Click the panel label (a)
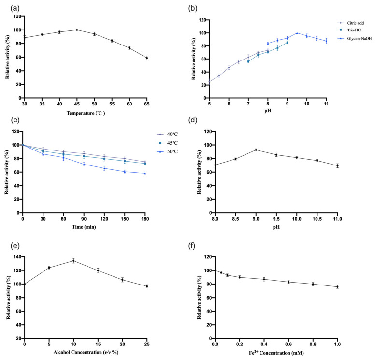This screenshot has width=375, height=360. tap(15, 8)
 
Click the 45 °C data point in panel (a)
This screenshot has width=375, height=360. tap(77, 30)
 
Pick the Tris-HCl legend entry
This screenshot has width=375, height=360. tap(350, 30)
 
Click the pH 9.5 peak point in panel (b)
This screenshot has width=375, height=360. tap(297, 33)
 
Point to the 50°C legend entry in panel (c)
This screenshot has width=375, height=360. tap(167, 151)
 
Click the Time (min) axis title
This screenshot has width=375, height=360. tap(84, 227)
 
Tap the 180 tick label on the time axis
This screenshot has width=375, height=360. tap(145, 219)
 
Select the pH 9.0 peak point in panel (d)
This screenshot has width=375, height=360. tap(256, 150)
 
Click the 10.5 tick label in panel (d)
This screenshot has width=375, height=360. tap(317, 219)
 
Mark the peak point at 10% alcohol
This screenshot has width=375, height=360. tap(73, 261)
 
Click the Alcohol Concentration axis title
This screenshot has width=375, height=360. tap(86, 352)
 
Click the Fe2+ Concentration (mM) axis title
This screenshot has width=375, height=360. tap(276, 353)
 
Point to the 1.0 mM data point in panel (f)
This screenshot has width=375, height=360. tap(337, 287)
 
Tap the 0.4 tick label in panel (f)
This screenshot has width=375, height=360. tap(264, 344)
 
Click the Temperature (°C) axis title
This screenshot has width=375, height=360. tap(86, 113)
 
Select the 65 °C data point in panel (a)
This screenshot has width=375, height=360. tap(147, 58)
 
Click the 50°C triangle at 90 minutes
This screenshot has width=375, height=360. tap(84, 164)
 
